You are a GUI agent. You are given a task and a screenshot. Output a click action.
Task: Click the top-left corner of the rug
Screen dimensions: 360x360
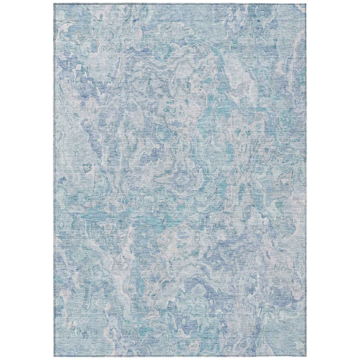pyautogui.click(x=54, y=4)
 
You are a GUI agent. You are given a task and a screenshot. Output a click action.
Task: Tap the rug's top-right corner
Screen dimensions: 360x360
pyautogui.click(x=306, y=4)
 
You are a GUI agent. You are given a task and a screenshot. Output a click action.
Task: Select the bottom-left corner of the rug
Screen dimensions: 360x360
pyautogui.click(x=54, y=356)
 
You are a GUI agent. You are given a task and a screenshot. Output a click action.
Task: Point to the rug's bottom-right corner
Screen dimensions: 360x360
pyautogui.click(x=306, y=356)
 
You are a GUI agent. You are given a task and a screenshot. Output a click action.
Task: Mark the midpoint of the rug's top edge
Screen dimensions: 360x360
pyautogui.click(x=180, y=4)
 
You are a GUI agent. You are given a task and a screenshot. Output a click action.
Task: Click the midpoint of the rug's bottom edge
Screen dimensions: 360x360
pyautogui.click(x=180, y=356)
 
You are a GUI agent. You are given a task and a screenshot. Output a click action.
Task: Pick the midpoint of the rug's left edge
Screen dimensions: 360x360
pyautogui.click(x=54, y=180)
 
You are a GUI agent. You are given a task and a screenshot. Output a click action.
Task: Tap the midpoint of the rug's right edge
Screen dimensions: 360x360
pyautogui.click(x=306, y=180)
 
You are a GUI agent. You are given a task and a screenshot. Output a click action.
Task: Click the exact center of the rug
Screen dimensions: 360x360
pyautogui.click(x=180, y=180)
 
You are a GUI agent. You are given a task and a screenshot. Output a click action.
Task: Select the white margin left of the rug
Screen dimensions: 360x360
pyautogui.click(x=27, y=180)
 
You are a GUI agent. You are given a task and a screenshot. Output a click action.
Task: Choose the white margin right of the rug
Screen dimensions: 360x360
pyautogui.click(x=333, y=180)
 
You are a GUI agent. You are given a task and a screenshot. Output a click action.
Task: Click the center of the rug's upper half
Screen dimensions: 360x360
pyautogui.click(x=180, y=92)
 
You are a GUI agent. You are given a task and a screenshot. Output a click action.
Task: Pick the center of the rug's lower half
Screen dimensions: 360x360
pyautogui.click(x=180, y=268)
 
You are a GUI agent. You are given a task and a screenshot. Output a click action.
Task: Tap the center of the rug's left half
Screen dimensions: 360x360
pyautogui.click(x=117, y=180)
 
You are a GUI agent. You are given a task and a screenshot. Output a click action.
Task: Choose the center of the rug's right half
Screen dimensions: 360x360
pyautogui.click(x=243, y=180)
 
